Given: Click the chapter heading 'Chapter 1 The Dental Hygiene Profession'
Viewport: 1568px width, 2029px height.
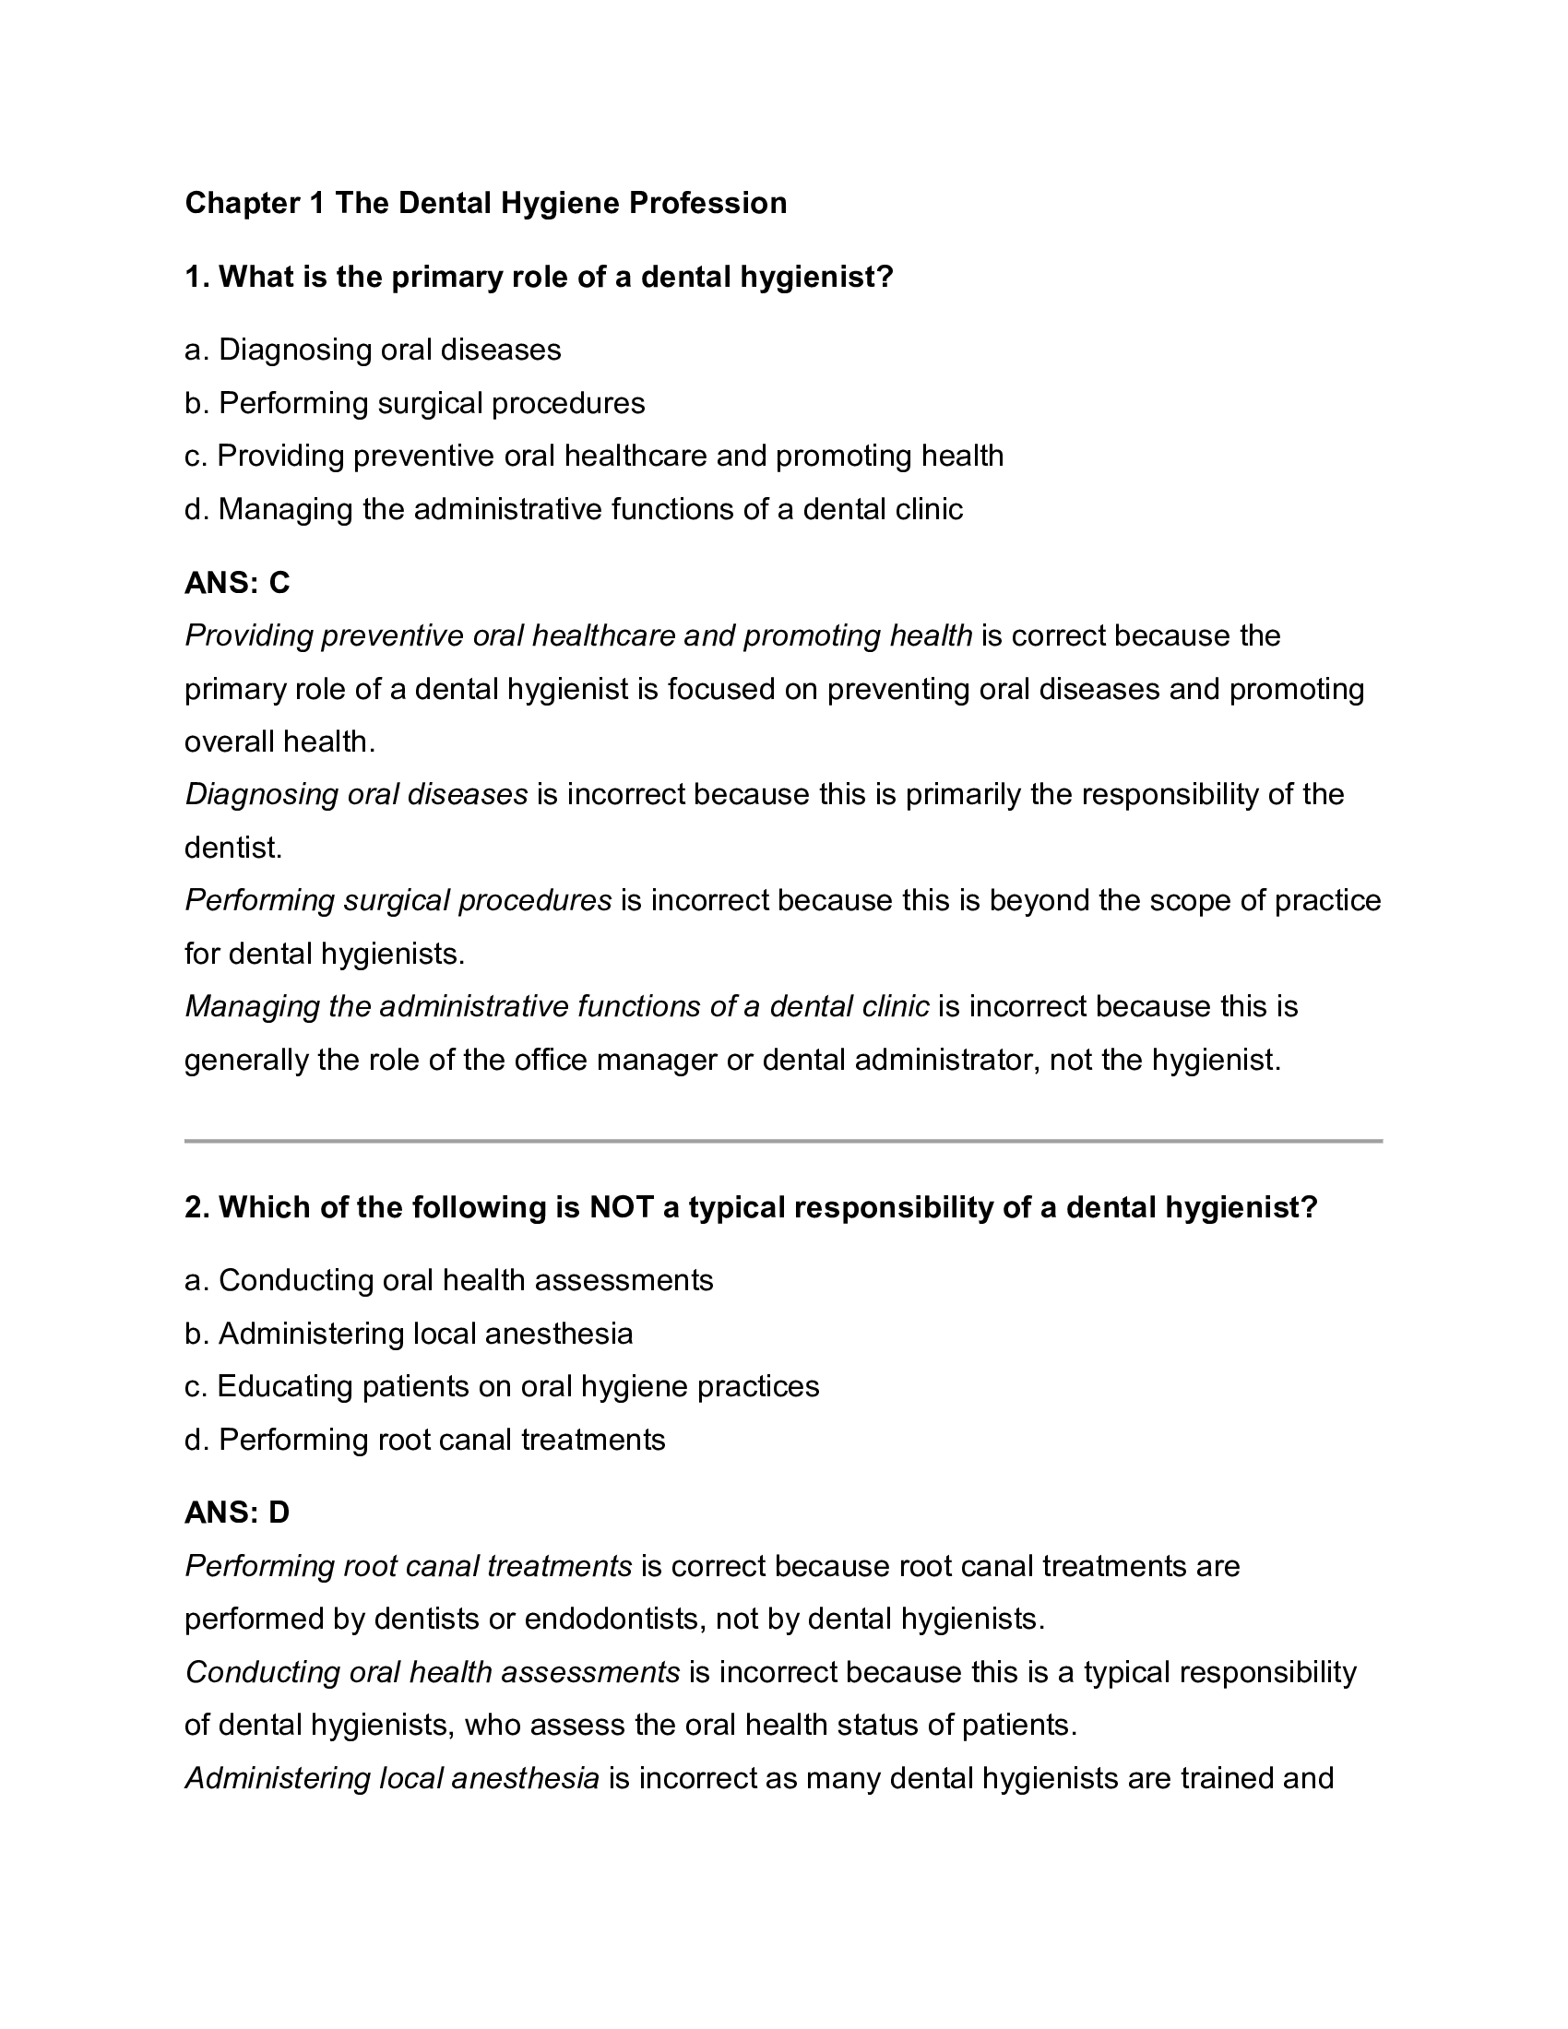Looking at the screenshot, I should click(485, 203).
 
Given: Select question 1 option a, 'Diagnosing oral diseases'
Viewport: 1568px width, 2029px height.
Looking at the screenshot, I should click(373, 350).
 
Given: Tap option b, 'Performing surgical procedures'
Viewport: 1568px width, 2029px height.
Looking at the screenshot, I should click(414, 403).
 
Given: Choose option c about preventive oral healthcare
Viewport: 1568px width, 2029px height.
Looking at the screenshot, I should click(595, 457).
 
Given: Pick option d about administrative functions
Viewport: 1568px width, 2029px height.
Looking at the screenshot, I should click(573, 509).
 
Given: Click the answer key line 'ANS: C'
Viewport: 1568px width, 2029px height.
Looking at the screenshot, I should click(237, 583).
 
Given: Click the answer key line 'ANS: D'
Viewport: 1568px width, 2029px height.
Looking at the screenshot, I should click(237, 1513).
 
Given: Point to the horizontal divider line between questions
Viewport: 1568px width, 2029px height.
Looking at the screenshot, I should click(783, 1140).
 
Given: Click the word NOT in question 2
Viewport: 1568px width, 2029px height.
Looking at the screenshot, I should click(622, 1207).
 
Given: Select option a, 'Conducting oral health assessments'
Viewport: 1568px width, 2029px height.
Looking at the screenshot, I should click(448, 1280).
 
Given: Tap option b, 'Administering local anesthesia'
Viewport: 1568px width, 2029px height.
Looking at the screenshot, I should click(409, 1334).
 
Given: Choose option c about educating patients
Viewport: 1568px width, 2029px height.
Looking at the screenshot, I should click(502, 1386).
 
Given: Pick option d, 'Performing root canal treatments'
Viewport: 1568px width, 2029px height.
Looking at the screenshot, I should click(424, 1439).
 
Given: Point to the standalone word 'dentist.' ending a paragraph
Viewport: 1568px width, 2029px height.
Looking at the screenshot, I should click(233, 848).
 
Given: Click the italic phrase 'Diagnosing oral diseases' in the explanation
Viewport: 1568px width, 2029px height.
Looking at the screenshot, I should click(357, 794).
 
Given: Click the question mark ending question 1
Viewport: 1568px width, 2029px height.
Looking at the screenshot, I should click(884, 277).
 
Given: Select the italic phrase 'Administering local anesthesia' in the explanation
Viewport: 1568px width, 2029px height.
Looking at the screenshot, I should click(392, 1778).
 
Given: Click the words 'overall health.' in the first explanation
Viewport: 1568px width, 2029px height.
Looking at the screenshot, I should click(279, 742).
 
